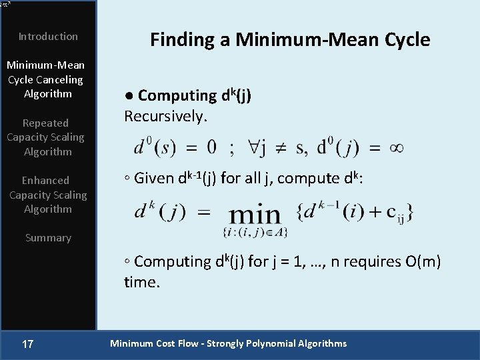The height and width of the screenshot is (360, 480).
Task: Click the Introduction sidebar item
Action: point(48,37)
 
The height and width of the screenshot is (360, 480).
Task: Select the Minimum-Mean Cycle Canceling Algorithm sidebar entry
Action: point(46,79)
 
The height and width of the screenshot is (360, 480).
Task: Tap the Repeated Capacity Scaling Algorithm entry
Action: point(46,137)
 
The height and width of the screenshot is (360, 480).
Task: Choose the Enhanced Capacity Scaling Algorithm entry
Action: point(47,195)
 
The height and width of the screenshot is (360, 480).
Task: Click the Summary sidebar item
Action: point(48,238)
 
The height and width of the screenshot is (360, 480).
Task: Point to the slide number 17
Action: point(28,344)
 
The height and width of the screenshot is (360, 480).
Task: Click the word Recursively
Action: point(166,117)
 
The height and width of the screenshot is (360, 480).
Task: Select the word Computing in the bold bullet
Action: point(177,96)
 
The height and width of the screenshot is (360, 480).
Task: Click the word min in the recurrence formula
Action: point(255,214)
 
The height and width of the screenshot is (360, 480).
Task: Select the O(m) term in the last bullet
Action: point(423,261)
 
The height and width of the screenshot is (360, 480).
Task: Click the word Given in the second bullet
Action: point(154,178)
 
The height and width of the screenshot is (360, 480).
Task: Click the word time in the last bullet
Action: point(141,282)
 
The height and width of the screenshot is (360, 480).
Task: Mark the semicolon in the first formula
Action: point(231,148)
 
